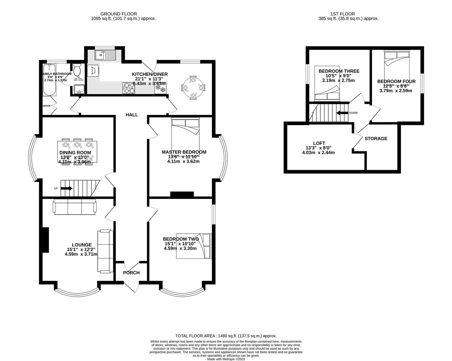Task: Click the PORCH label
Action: click(x=131, y=273)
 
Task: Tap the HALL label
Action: click(x=132, y=115)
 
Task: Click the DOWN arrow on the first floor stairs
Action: click(x=342, y=113)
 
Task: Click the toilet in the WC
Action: click(x=77, y=71)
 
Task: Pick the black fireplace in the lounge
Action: click(x=45, y=240)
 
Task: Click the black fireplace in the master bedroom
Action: click(x=182, y=194)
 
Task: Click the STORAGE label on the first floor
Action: click(x=376, y=138)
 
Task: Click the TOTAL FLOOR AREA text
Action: click(x=226, y=336)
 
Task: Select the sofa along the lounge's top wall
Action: click(x=75, y=206)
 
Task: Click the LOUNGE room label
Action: click(x=82, y=245)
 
